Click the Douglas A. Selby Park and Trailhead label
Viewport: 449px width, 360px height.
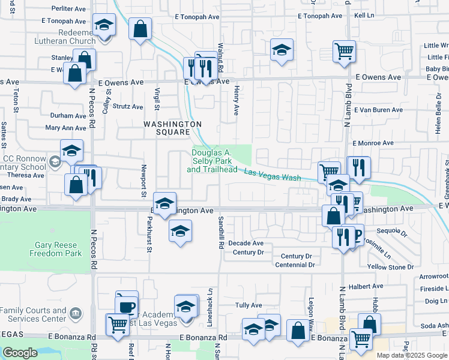click(x=212, y=161)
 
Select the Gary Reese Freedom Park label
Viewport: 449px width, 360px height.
click(x=55, y=249)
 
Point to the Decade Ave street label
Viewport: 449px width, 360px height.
click(x=249, y=243)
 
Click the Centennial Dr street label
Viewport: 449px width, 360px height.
click(x=294, y=265)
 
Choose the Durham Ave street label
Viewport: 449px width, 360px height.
click(x=68, y=115)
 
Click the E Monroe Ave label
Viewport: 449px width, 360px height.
click(x=373, y=143)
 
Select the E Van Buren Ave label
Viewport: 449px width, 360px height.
click(x=378, y=110)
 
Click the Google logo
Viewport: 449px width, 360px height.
click(x=20, y=353)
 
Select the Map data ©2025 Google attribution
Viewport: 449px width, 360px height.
click(x=412, y=355)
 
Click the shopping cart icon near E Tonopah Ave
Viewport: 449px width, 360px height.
click(x=344, y=52)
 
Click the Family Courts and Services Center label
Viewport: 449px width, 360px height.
click(x=34, y=314)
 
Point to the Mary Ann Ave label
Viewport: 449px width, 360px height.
click(x=66, y=128)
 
